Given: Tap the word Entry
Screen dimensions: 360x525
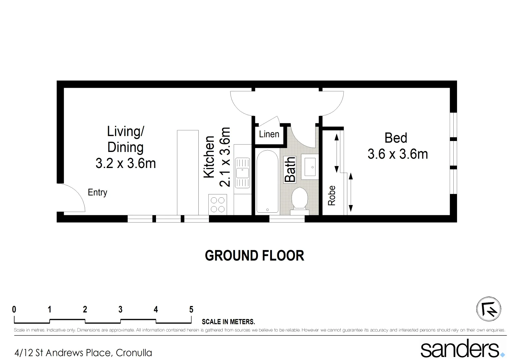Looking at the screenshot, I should pos(97,192).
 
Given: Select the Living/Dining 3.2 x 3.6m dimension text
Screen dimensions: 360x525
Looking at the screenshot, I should pos(126,163).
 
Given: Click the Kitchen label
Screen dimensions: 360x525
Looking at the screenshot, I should pos(209,157).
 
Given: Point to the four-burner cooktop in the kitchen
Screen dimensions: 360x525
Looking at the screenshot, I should pos(217,204).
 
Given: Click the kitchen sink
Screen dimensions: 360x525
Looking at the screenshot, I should pos(242,173).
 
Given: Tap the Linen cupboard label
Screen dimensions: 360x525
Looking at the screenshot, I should pos(269,134).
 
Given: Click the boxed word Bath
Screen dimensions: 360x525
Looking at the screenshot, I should pos(290,169).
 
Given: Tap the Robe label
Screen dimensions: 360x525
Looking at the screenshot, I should pos(332,195).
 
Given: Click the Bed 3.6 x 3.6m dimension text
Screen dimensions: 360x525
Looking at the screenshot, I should pos(397,154).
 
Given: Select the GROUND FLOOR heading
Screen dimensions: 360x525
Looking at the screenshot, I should pos(254,256).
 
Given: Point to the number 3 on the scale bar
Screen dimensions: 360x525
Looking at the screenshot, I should pos(120,309).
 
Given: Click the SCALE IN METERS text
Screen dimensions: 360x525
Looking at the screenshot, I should pos(228,322).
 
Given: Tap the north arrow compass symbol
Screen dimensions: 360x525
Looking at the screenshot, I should pos(489,309).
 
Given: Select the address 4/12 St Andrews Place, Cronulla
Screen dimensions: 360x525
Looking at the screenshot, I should pos(83,353).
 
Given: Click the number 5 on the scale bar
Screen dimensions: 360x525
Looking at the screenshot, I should pos(191,309).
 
